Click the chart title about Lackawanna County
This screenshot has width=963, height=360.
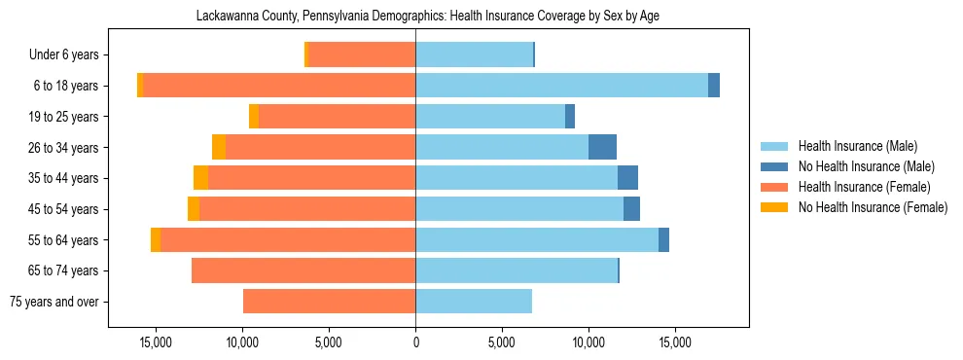pyautogui.click(x=428, y=17)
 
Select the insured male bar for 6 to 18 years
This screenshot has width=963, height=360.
pyautogui.click(x=561, y=86)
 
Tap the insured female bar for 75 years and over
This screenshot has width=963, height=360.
pyautogui.click(x=329, y=302)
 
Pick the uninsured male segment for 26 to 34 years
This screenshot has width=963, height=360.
pyautogui.click(x=602, y=147)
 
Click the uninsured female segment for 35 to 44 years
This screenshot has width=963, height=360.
pyautogui.click(x=200, y=178)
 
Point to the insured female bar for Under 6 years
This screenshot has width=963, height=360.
pyautogui.click(x=361, y=54)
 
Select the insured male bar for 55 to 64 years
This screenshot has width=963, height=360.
pyautogui.click(x=537, y=239)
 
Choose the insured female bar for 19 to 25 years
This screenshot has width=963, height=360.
pyautogui.click(x=337, y=117)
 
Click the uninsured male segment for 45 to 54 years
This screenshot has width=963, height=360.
pyautogui.click(x=631, y=209)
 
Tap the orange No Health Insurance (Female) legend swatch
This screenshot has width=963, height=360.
pyautogui.click(x=774, y=207)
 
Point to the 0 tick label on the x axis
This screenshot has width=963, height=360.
pyautogui.click(x=415, y=342)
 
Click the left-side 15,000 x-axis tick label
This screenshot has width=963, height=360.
pyautogui.click(x=156, y=342)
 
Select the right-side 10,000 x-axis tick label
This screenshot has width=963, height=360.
pyautogui.click(x=588, y=342)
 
